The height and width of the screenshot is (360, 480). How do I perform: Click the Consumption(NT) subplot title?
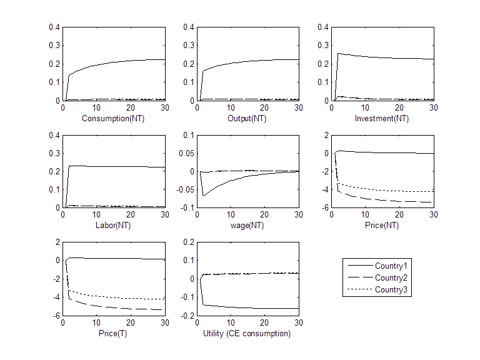coord(113,117)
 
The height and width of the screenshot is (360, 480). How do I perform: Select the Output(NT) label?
coord(247,117)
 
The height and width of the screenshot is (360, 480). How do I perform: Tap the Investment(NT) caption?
coord(381,117)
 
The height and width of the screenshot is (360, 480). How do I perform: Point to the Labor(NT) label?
coord(113,225)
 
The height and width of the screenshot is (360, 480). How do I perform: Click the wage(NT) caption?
coord(247,225)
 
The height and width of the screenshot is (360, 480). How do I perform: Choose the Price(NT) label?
coord(381,225)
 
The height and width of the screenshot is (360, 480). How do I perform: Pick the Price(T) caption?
coord(113,333)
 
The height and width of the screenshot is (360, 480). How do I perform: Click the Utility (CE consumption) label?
coord(247,333)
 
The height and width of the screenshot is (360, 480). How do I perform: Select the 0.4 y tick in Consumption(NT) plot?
coord(54,27)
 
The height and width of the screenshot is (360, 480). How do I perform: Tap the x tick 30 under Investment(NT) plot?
coord(432,107)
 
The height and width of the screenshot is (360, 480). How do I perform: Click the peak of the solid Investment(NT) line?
coord(338,54)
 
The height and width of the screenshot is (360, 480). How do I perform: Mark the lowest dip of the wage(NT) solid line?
coord(203,196)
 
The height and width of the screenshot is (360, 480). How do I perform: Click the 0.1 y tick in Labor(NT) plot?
coord(54,189)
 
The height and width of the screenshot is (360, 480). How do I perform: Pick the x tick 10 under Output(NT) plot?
coord(231,107)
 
